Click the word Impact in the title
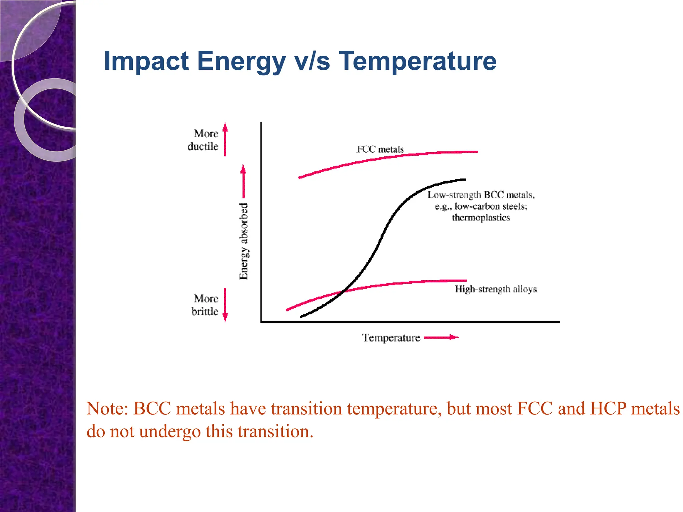click(x=146, y=61)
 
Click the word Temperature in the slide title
click(x=418, y=61)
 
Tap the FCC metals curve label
click(x=380, y=149)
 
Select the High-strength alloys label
click(x=496, y=289)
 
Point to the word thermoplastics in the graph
click(x=481, y=218)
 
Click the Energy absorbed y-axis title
click(x=244, y=241)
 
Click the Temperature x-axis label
click(x=391, y=338)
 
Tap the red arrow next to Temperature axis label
click(x=441, y=337)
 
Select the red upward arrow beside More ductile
click(x=225, y=139)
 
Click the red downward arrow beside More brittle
click(x=225, y=305)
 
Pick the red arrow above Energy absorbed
click(x=243, y=181)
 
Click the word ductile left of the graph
click(x=203, y=147)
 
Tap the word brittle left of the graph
click(x=205, y=312)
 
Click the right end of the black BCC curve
click(x=465, y=180)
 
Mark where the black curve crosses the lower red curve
click(x=344, y=292)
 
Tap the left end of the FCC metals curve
click(x=299, y=178)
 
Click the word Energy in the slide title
click(x=241, y=61)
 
